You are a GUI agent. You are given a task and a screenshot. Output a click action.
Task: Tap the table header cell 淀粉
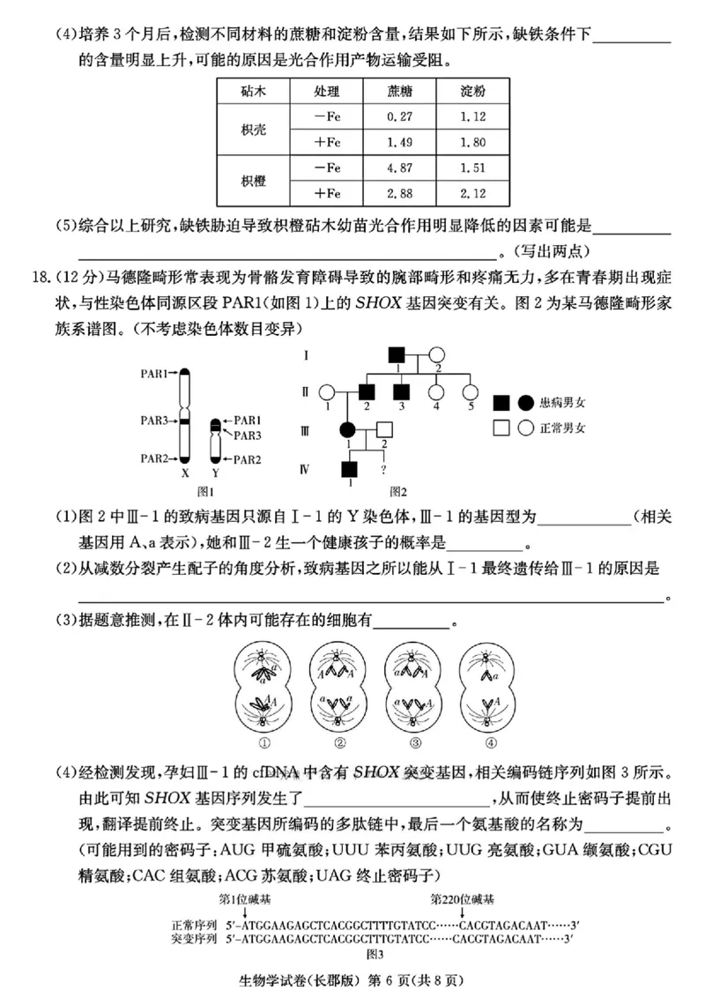(x=473, y=92)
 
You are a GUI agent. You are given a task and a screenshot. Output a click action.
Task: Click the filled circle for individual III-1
(x=346, y=430)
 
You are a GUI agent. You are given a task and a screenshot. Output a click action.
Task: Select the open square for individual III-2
(x=384, y=430)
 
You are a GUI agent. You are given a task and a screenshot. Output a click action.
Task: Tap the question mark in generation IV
(x=384, y=469)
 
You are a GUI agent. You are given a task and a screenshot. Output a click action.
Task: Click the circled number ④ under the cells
(x=489, y=741)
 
